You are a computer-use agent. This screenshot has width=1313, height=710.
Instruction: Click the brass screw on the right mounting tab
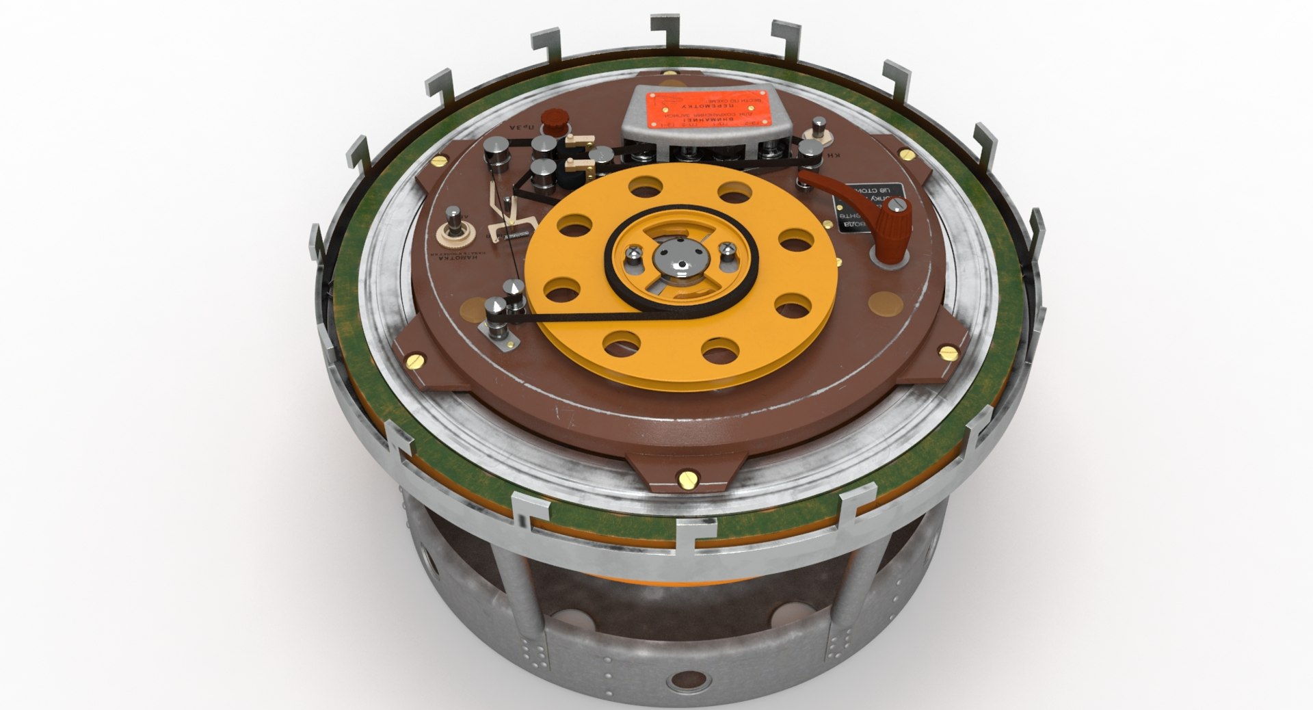(946, 352)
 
